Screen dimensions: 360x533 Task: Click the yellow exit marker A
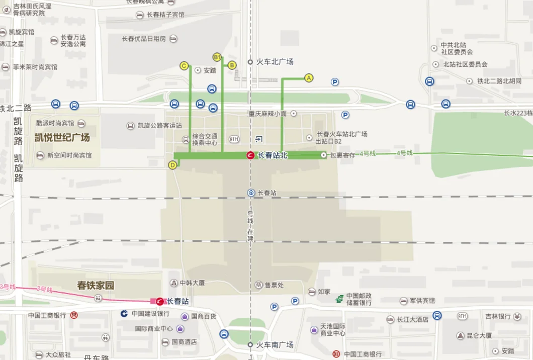click(x=309, y=78)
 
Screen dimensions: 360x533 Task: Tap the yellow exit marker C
click(x=184, y=66)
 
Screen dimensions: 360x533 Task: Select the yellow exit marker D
click(x=172, y=165)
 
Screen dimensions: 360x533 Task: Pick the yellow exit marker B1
click(x=217, y=57)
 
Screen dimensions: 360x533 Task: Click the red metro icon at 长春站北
click(x=250, y=155)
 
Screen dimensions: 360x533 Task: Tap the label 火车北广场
click(x=275, y=62)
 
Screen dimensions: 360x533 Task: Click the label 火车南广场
click(x=275, y=345)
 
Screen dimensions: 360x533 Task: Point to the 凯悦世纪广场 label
click(x=62, y=137)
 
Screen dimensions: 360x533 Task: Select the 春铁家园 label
click(x=96, y=286)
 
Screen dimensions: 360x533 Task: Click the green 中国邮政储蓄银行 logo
click(x=340, y=299)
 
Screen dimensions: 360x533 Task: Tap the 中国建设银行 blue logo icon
click(x=124, y=313)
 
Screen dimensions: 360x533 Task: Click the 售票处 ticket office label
click(x=274, y=285)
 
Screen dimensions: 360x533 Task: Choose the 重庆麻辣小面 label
click(x=267, y=114)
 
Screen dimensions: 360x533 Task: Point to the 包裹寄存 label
click(x=342, y=155)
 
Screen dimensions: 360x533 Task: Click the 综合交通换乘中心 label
click(x=205, y=139)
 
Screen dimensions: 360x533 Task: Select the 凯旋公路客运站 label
click(x=160, y=126)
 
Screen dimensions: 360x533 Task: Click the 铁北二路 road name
click(x=16, y=108)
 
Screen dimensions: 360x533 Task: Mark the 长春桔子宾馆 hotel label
click(x=165, y=15)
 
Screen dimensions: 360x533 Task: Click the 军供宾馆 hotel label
click(x=422, y=301)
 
